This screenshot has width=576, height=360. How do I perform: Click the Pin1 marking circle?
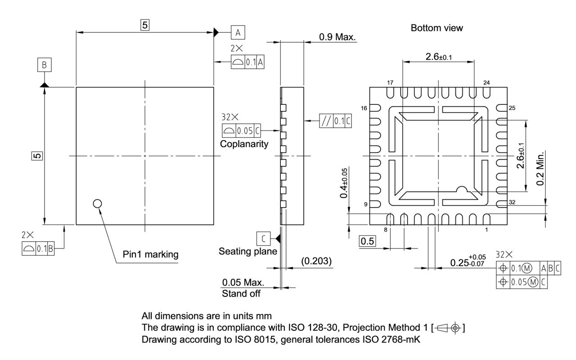click(97, 204)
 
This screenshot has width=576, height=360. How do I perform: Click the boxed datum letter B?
click(44, 65)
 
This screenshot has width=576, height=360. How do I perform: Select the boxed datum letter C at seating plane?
click(262, 237)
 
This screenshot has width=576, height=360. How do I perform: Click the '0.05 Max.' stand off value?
click(243, 283)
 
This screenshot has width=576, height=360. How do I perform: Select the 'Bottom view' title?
click(437, 28)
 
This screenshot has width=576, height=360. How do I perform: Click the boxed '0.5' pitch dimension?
click(368, 241)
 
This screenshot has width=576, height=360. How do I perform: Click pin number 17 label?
click(390, 83)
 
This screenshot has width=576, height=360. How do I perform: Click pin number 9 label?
click(366, 205)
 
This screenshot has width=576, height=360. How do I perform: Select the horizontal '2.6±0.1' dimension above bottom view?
click(438, 57)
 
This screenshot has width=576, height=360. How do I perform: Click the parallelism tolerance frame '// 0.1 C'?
click(334, 121)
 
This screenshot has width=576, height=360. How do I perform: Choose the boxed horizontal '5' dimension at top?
click(144, 26)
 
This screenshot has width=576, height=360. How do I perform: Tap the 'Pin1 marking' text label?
click(150, 254)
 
